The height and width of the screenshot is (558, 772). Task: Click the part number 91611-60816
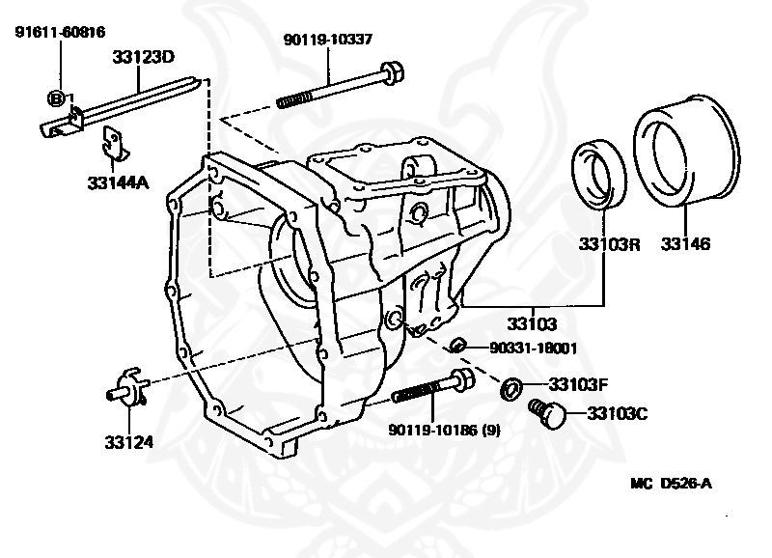click(x=60, y=32)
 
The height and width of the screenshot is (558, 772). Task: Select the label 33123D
click(x=143, y=57)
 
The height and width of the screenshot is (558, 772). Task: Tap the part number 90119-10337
click(x=328, y=39)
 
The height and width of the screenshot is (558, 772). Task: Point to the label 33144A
click(x=118, y=182)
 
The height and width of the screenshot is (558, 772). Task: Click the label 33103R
click(x=609, y=244)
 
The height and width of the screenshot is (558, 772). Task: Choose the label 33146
click(x=685, y=243)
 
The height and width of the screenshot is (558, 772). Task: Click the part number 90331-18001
click(x=534, y=349)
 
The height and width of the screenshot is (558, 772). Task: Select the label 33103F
click(x=578, y=384)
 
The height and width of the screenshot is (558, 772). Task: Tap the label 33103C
click(x=618, y=414)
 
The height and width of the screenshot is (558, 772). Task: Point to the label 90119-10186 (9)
click(x=445, y=430)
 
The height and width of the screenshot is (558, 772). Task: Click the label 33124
click(x=129, y=442)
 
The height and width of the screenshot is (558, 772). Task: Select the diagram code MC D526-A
click(x=671, y=483)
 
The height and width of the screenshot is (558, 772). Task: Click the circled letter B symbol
click(x=56, y=98)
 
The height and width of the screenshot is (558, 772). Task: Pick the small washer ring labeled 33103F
click(x=511, y=389)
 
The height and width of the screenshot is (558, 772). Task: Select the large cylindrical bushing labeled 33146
click(x=686, y=150)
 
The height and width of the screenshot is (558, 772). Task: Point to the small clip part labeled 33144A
click(x=115, y=144)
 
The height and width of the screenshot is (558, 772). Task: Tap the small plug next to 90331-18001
click(x=456, y=347)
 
